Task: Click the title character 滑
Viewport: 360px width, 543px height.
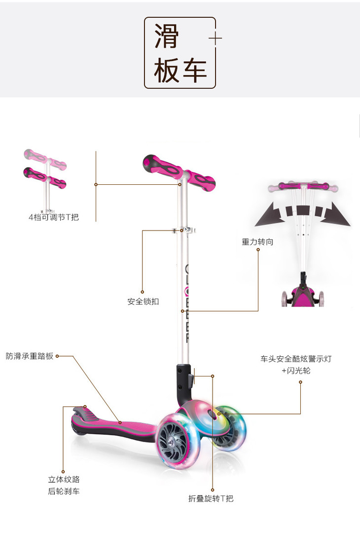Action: click(x=167, y=35)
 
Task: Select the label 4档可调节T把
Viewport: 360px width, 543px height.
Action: click(x=53, y=216)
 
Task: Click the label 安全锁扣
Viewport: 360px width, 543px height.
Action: click(x=143, y=301)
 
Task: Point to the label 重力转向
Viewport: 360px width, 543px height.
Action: click(x=257, y=241)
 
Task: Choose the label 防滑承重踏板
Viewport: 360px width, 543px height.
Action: click(x=29, y=356)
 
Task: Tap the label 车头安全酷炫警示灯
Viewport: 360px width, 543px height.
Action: click(x=296, y=359)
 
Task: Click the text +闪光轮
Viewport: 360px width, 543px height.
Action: click(x=296, y=371)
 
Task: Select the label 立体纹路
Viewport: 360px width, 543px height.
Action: click(x=64, y=479)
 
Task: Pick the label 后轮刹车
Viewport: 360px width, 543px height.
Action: click(x=64, y=491)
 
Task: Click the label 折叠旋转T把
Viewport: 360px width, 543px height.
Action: click(x=211, y=498)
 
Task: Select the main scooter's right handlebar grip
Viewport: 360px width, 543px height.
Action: click(x=202, y=181)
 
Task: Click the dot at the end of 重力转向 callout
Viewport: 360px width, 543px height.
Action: click(x=258, y=250)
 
